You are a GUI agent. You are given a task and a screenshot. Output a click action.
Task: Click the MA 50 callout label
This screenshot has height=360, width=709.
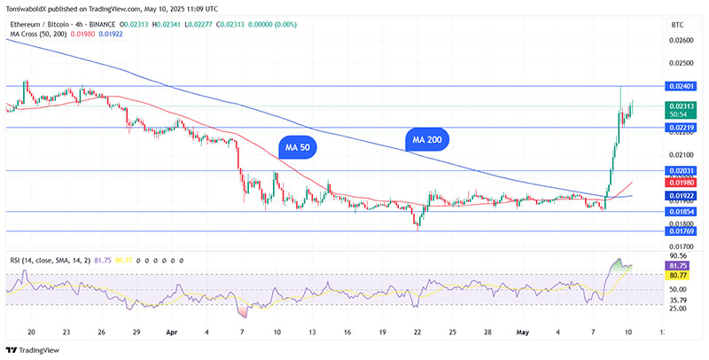pyautogui.click(x=298, y=148)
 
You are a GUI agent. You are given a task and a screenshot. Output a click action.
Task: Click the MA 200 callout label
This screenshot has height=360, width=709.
pyautogui.click(x=429, y=139)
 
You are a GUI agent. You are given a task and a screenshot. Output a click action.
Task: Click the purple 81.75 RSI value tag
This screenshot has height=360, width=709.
pyautogui.click(x=679, y=265)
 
